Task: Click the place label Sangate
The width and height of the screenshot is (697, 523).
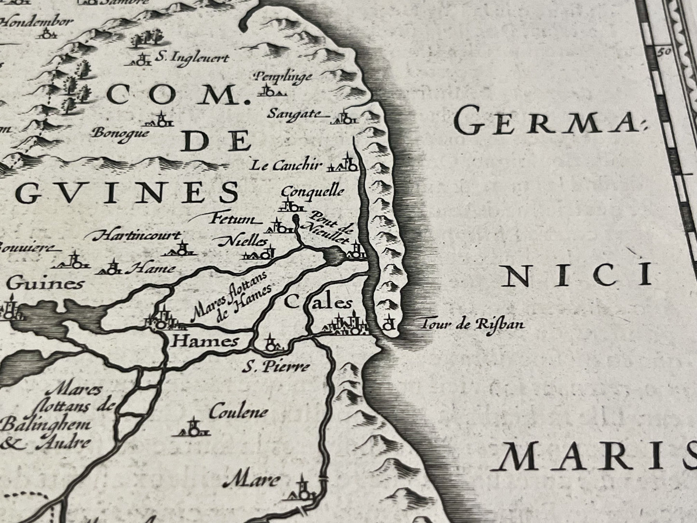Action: coord(294,114)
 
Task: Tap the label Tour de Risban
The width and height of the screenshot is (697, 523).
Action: coord(472,324)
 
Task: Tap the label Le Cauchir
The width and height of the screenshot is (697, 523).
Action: coord(286,165)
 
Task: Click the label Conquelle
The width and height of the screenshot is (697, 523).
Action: coord(312,191)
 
